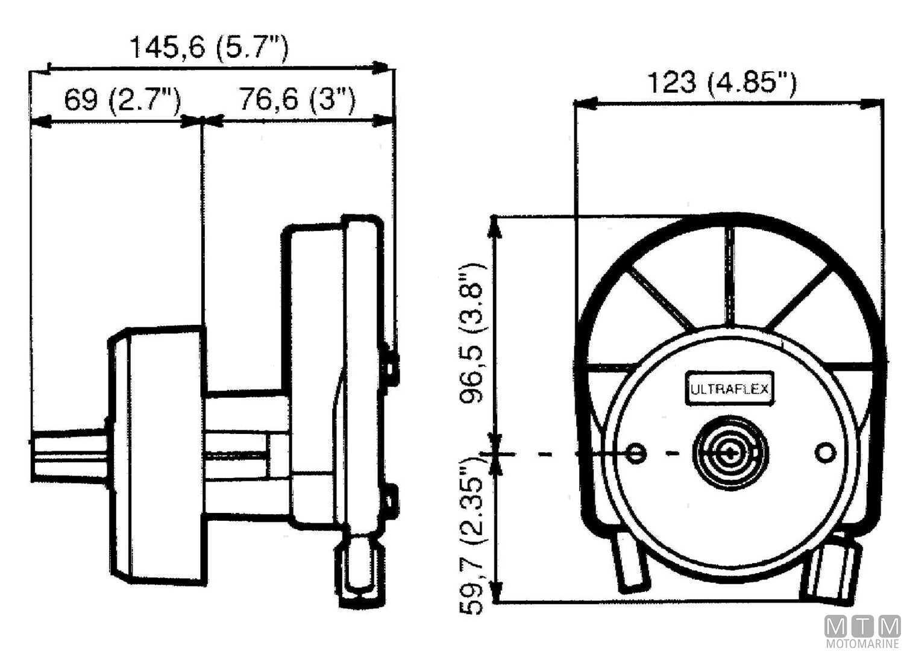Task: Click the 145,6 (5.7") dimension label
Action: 209,47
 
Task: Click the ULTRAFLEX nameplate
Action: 730,389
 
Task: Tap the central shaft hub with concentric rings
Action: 729,452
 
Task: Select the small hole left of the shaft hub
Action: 635,452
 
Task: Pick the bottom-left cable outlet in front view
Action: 629,561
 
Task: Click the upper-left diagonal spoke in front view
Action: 660,298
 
